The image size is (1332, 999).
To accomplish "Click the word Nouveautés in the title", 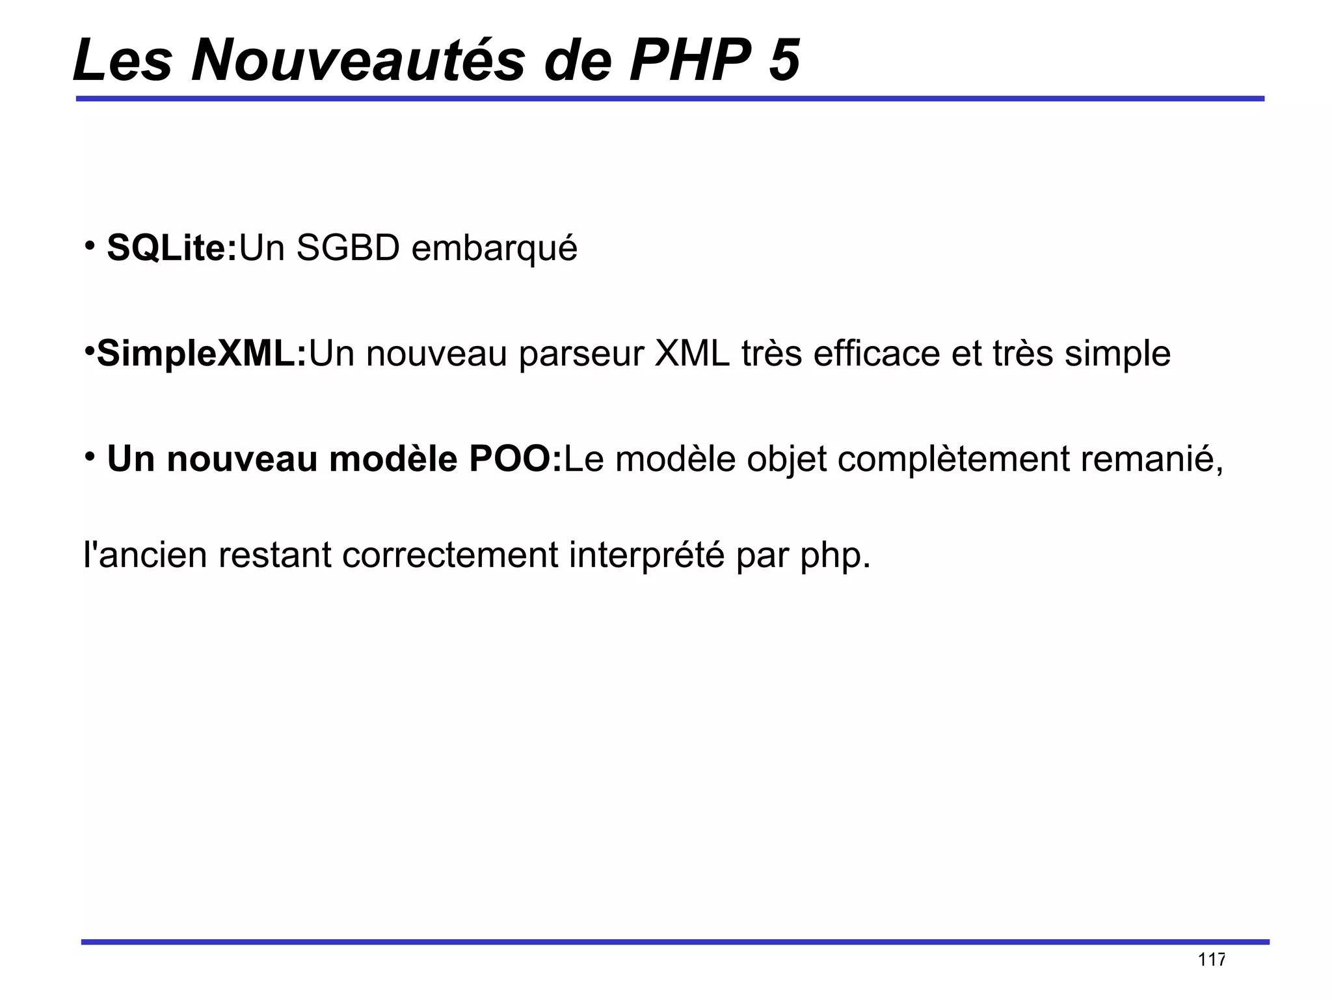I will click(x=358, y=60).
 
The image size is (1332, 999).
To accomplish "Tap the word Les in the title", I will click(x=122, y=60).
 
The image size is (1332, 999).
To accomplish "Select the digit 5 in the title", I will click(x=784, y=60).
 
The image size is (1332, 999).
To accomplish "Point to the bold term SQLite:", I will click(x=172, y=248).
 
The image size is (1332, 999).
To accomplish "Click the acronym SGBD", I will click(x=347, y=248).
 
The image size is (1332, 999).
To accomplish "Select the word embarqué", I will click(x=494, y=249).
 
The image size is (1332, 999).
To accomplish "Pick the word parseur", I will click(x=581, y=354).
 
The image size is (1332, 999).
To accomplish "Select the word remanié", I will click(x=1152, y=459).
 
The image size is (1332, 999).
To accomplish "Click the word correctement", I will click(x=450, y=555).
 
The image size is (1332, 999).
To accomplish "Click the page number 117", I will click(x=1212, y=960).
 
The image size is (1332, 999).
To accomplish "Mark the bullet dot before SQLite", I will click(x=90, y=245).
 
